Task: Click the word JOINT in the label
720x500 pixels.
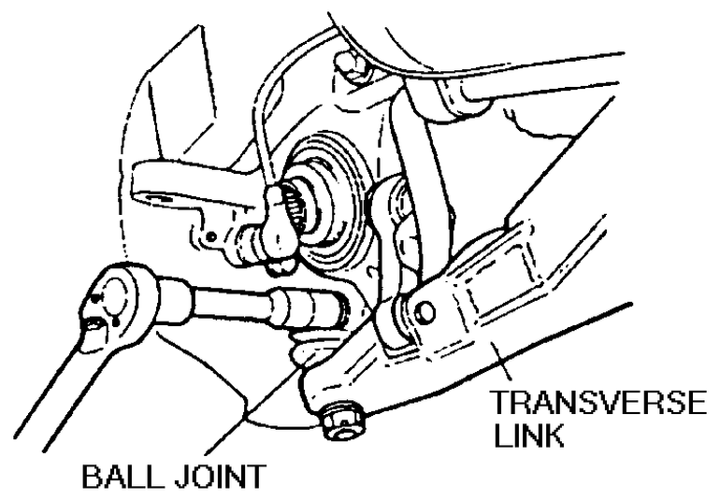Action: (x=219, y=479)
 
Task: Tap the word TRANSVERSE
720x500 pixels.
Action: (x=599, y=406)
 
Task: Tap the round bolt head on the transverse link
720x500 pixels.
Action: (x=424, y=311)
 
